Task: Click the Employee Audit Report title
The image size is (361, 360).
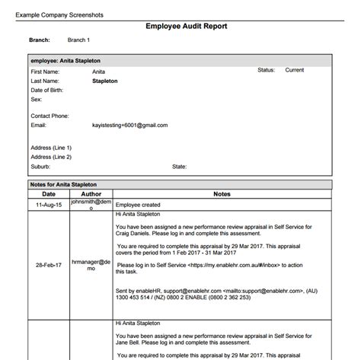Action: (186, 26)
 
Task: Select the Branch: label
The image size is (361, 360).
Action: (40, 40)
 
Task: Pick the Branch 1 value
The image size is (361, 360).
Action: (78, 40)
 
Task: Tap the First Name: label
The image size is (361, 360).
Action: (47, 71)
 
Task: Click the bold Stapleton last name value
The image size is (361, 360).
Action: (110, 80)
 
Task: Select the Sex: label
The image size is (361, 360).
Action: (36, 98)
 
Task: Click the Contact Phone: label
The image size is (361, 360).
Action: (52, 116)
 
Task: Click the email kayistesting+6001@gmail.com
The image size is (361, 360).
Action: (129, 125)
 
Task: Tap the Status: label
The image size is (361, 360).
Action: (266, 70)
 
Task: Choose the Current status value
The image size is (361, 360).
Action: (295, 70)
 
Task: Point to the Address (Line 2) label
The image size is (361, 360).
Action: (51, 157)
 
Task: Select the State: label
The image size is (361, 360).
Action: (180, 166)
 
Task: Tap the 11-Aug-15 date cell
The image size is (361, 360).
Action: (49, 205)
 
